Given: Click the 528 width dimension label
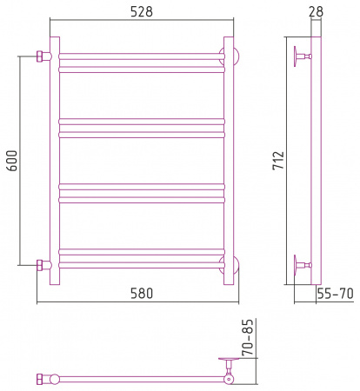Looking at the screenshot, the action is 142,12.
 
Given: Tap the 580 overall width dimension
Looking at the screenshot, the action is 142,294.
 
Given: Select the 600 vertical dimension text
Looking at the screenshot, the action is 12,161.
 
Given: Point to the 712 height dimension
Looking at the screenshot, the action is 278,160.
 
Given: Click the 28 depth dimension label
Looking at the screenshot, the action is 316,11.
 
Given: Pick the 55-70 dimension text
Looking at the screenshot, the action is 335,294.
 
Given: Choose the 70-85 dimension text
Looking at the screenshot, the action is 248,337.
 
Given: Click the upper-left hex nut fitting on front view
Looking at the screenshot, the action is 41,56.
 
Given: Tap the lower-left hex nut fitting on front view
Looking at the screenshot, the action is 41,265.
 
